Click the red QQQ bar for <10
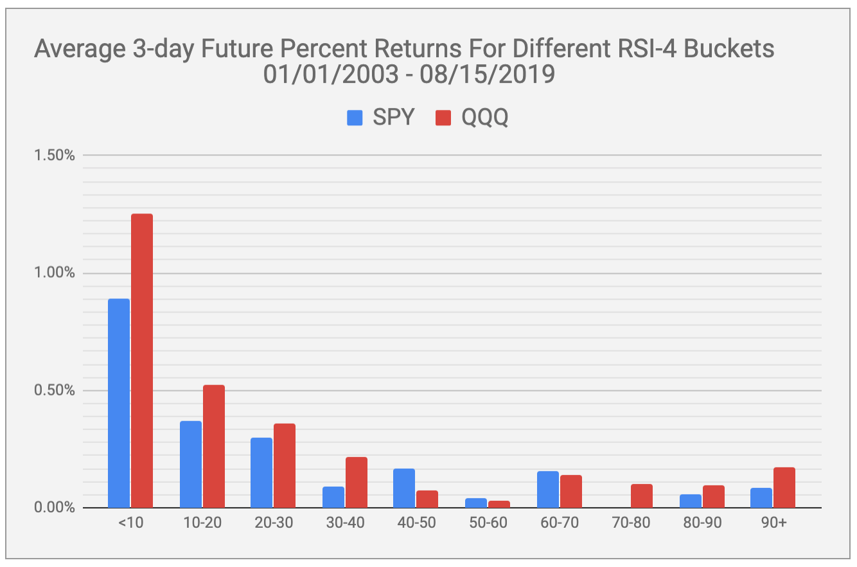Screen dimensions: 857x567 coord(142,361)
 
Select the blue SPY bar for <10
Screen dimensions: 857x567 coord(119,403)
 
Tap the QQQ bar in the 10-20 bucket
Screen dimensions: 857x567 coord(214,446)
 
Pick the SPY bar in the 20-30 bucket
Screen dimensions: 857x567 coord(261,473)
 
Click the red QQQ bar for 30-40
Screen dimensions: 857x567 coord(356,482)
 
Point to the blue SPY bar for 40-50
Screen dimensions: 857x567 coord(404,488)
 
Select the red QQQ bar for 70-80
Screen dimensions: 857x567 coord(642,496)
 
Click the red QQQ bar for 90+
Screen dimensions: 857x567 coord(784,488)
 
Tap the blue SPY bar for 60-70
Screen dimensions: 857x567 coord(548,490)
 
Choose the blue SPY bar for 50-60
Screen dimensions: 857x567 coord(476,503)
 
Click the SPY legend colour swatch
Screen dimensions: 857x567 coord(355,118)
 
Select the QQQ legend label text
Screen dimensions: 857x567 coord(485,117)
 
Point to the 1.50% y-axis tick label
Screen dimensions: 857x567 coord(55,155)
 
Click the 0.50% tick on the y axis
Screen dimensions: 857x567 coord(55,390)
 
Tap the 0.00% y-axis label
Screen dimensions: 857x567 coord(55,507)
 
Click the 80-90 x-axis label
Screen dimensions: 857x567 coord(702,523)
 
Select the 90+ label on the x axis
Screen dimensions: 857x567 coord(774,523)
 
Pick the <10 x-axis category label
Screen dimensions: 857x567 coord(130,523)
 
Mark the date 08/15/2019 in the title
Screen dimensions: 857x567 coord(488,74)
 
